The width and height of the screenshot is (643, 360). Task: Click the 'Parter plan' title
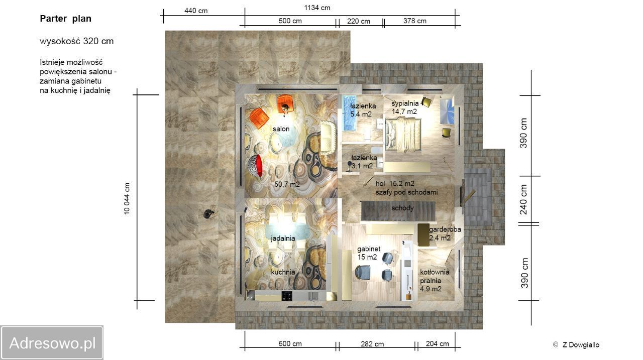pyautogui.click(x=65, y=19)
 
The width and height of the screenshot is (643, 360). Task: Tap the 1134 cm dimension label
pyautogui.click(x=317, y=8)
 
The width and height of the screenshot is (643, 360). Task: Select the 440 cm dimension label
pyautogui.click(x=196, y=11)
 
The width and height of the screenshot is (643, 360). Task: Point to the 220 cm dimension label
pyautogui.click(x=359, y=21)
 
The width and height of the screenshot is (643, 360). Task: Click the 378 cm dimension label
pyautogui.click(x=415, y=21)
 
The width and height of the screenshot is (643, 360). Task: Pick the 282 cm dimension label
pyautogui.click(x=372, y=343)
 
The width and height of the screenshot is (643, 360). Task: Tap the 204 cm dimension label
pyautogui.click(x=437, y=343)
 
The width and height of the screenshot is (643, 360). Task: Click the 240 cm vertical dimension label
pyautogui.click(x=524, y=199)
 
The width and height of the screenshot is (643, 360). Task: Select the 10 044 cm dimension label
pyautogui.click(x=127, y=198)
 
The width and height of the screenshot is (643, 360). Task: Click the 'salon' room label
pyautogui.click(x=281, y=129)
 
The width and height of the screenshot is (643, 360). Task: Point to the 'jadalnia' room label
pyautogui.click(x=283, y=238)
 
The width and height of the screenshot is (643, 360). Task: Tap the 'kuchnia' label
pyautogui.click(x=283, y=272)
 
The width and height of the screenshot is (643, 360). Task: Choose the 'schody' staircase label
pyautogui.click(x=402, y=208)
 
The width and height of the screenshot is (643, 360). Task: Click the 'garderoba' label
pyautogui.click(x=445, y=229)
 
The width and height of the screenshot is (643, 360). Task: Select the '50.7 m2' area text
pyautogui.click(x=287, y=184)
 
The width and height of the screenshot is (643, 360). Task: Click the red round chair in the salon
pyautogui.click(x=255, y=166)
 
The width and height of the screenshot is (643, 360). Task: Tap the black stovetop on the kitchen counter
pyautogui.click(x=287, y=296)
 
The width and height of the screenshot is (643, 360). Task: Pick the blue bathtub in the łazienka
pyautogui.click(x=350, y=113)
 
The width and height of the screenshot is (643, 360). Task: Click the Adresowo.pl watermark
pyautogui.click(x=52, y=342)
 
